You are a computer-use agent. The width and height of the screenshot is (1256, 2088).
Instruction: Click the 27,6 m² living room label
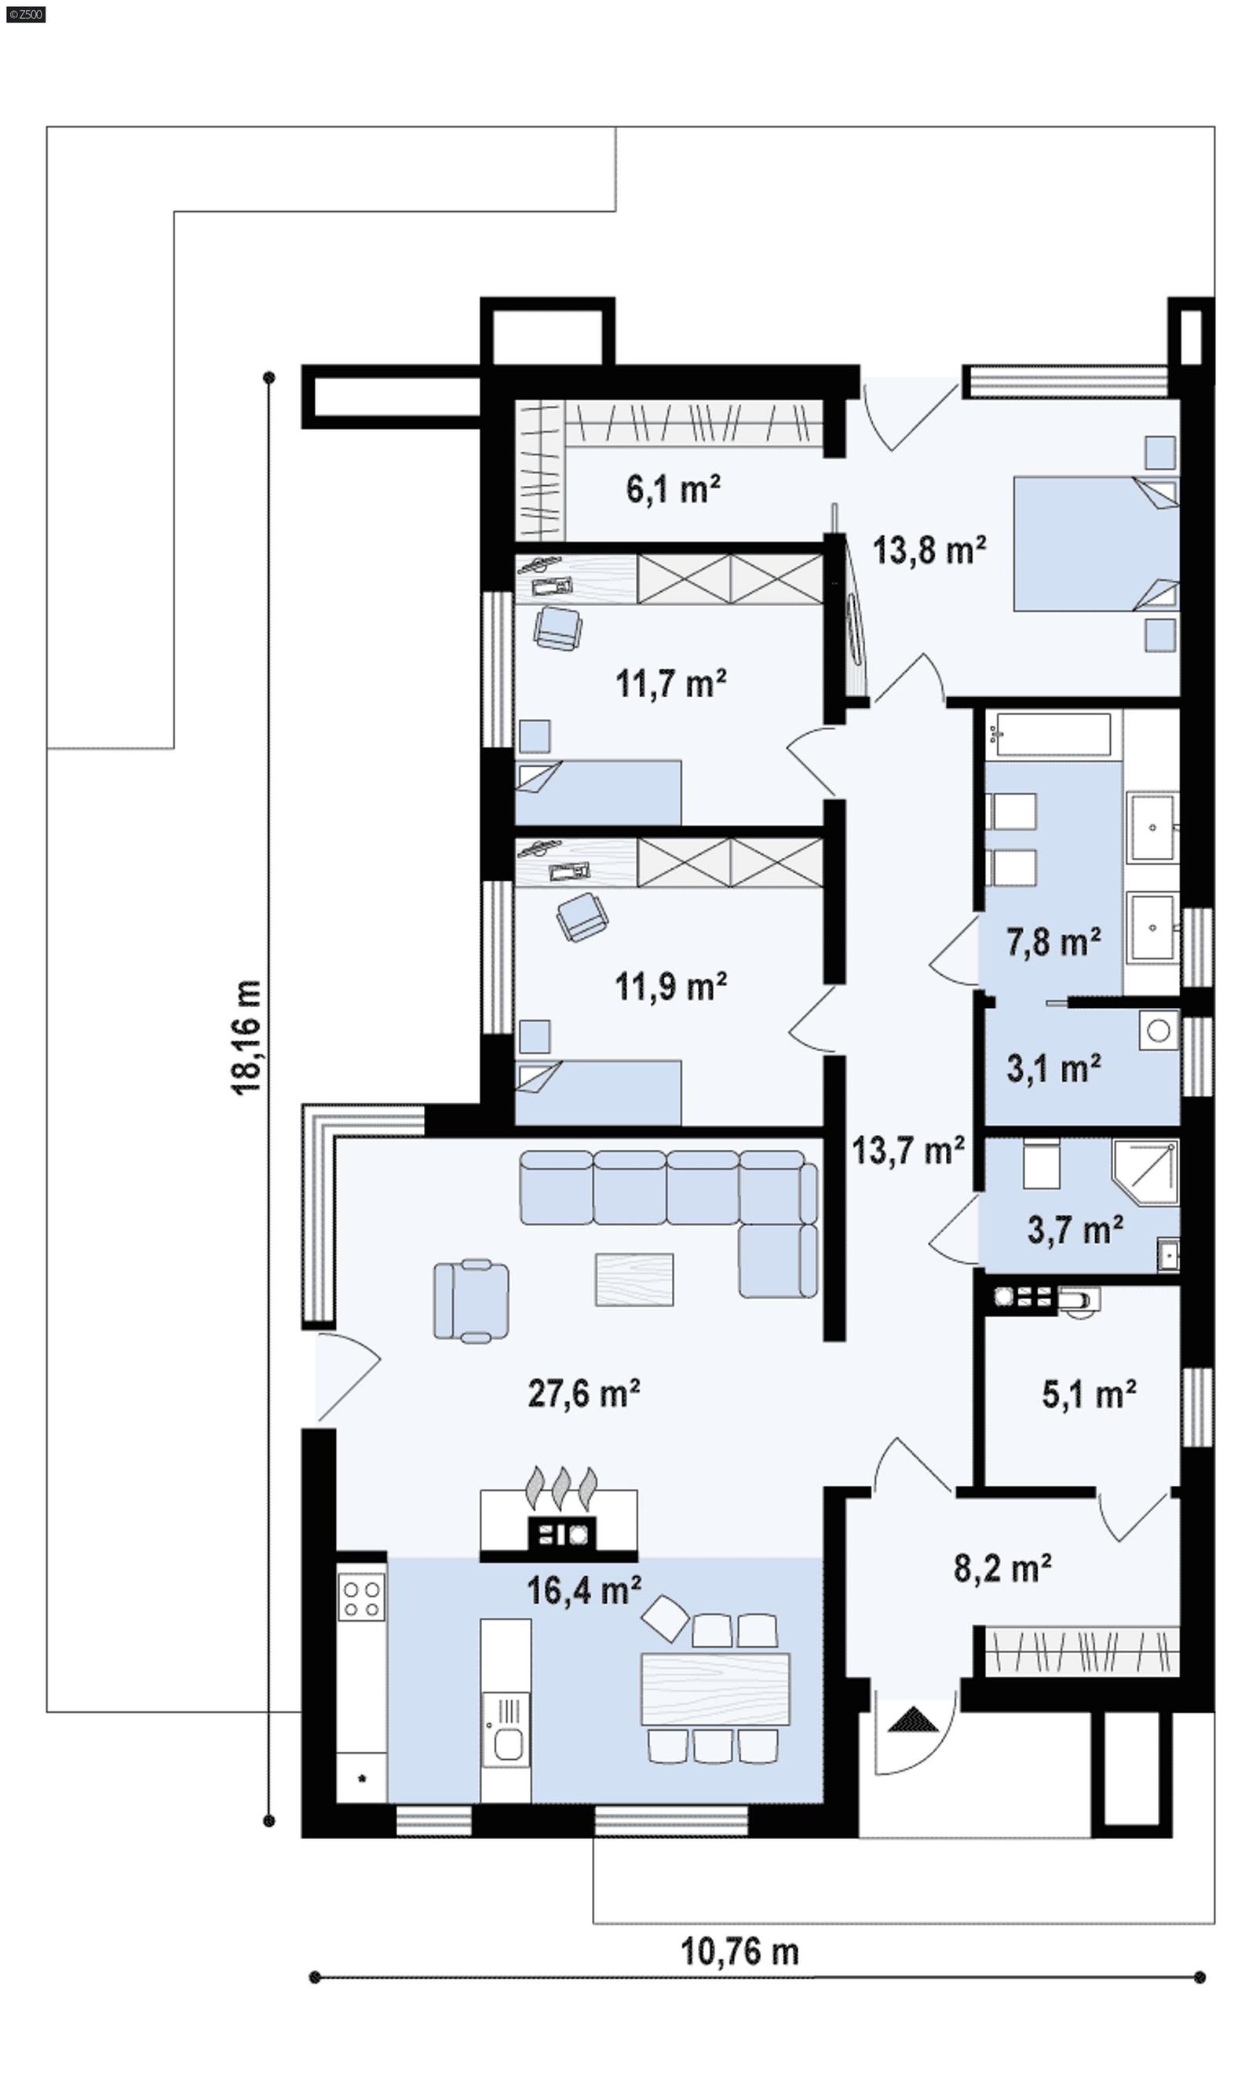[583, 1393]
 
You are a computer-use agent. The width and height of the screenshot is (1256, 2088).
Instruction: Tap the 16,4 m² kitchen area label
[583, 1590]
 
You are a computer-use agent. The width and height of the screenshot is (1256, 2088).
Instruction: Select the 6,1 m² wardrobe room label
[673, 489]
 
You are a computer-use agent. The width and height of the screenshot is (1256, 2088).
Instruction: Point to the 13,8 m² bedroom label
[929, 550]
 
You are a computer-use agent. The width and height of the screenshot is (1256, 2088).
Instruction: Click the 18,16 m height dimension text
[246, 1038]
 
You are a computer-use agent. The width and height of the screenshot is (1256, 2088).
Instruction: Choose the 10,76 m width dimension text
[739, 1951]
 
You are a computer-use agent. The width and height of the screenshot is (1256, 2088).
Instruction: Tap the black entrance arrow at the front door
[913, 1720]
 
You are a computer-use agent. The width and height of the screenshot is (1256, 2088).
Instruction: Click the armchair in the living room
[472, 1301]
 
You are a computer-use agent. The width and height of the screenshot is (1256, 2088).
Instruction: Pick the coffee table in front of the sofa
[634, 1279]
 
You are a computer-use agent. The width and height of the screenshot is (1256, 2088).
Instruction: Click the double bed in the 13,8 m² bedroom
[1095, 543]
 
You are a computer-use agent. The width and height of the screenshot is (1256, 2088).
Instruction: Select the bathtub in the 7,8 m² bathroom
[1053, 734]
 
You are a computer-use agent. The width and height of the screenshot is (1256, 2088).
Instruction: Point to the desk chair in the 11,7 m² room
[558, 630]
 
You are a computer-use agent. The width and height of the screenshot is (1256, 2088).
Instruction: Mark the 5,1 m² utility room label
[1089, 1394]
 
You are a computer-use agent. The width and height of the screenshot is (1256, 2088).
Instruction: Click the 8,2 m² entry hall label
[1002, 1568]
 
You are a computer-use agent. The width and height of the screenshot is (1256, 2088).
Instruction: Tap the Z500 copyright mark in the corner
[25, 14]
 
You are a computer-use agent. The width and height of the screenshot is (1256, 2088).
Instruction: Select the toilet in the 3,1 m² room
[1159, 1030]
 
